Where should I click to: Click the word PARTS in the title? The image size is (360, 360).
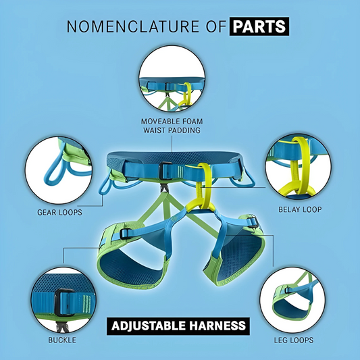click(x=259, y=27)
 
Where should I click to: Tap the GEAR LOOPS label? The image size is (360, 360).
click(x=59, y=211)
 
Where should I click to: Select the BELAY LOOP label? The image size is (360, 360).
click(x=299, y=210)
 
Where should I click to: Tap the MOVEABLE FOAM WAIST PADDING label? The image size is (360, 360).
click(x=171, y=125)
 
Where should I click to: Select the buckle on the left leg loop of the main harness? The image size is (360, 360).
click(x=126, y=233)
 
